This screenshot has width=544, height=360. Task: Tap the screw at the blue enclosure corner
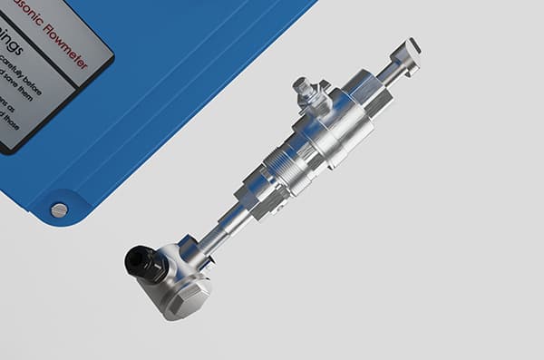[59, 210]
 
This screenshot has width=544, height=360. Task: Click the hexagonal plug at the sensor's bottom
[188, 298]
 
